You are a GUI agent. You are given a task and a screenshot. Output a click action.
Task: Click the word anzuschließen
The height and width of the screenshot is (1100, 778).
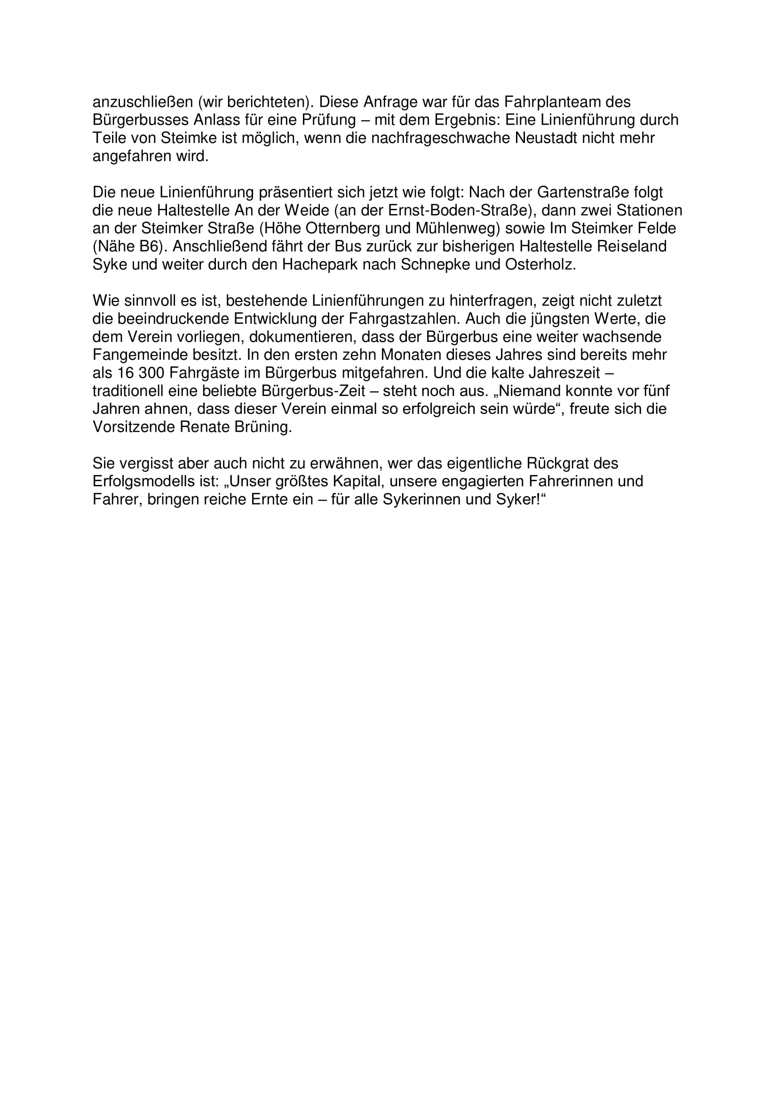(142, 102)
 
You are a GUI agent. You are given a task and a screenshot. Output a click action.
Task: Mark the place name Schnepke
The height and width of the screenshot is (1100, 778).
(435, 264)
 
